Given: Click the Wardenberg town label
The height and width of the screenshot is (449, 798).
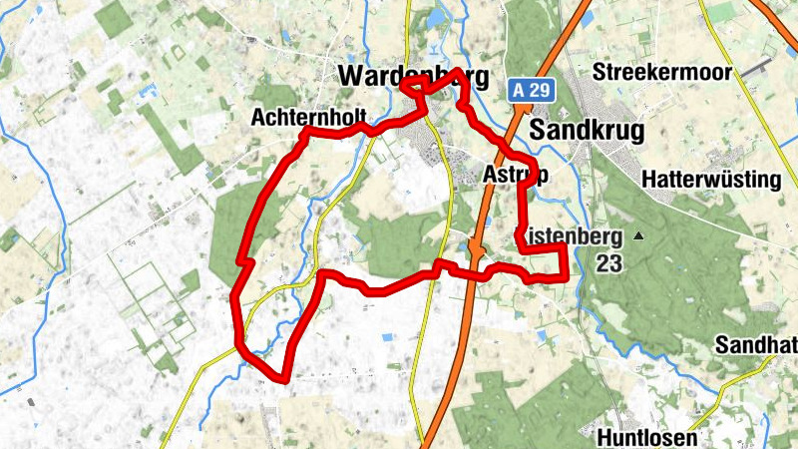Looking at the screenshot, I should click(413, 77).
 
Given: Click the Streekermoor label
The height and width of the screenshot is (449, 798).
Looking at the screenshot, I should click(675, 72).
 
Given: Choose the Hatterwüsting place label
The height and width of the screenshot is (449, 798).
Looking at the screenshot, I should click(711, 180).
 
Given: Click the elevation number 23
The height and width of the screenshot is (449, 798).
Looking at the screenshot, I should click(609, 263).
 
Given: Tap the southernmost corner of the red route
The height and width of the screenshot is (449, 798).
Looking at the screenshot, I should click(286, 378).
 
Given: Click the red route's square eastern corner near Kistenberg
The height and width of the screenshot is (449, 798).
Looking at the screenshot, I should click(567, 274).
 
